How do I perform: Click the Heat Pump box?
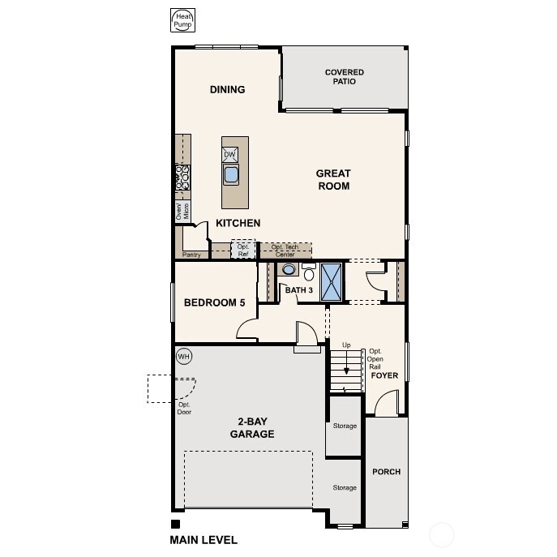(182, 21)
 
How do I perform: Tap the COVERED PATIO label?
(345, 77)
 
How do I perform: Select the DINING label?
(227, 89)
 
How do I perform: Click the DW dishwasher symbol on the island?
(230, 154)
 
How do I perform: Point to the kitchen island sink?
(231, 174)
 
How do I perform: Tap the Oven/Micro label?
(182, 211)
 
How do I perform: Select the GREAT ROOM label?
(333, 179)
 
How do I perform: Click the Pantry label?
(191, 255)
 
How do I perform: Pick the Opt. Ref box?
(243, 250)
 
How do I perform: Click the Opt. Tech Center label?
(285, 251)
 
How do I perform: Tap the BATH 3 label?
(298, 290)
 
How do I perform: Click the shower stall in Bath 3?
(332, 281)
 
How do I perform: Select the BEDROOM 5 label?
(214, 303)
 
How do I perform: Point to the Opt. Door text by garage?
(184, 408)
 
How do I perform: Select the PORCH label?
(386, 472)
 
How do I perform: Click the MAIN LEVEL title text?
(204, 539)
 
